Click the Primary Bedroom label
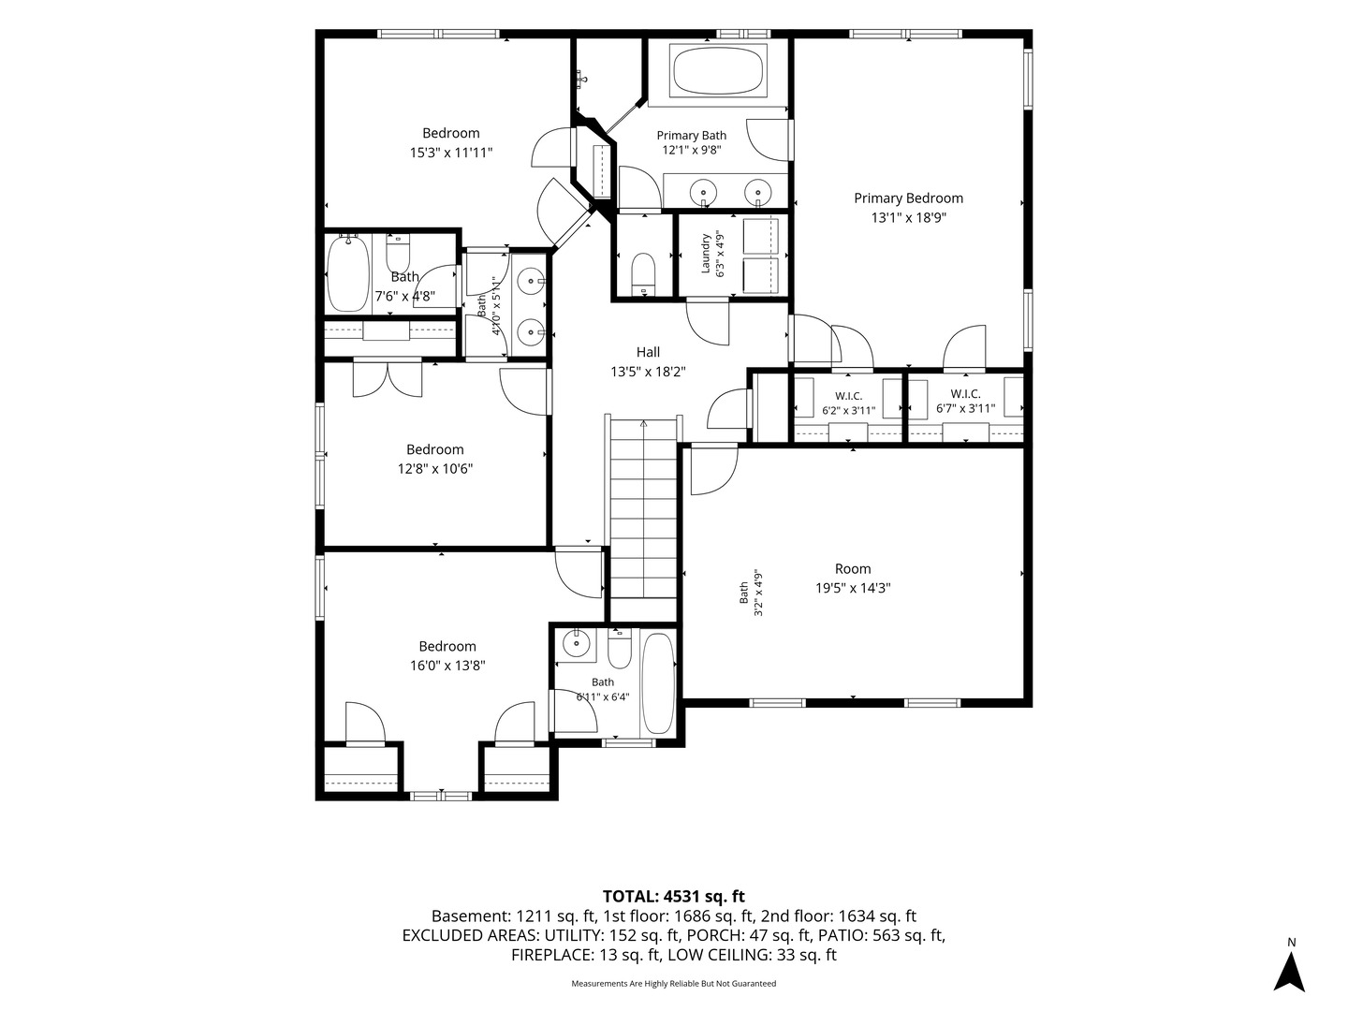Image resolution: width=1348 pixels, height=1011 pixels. [908, 208]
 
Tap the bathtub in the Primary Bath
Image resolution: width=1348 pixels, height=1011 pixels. [718, 70]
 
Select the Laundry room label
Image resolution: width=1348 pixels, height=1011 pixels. [712, 254]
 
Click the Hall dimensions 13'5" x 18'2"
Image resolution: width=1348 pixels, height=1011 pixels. [647, 372]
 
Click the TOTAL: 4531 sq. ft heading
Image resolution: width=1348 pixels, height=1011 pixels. [673, 897]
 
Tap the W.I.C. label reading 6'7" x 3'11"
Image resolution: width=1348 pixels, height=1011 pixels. [965, 402]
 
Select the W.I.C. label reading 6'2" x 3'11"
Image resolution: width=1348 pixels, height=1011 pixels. [848, 403]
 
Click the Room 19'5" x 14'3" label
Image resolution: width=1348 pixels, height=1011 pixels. [853, 579]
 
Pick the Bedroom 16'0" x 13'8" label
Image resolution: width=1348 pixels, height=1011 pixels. [447, 655]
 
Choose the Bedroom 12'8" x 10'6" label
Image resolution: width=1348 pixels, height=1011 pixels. [434, 459]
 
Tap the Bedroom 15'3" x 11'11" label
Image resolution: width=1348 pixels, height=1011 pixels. [451, 142]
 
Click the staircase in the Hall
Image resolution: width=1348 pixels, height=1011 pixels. [643, 508]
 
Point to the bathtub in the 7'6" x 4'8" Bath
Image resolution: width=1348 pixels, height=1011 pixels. [348, 273]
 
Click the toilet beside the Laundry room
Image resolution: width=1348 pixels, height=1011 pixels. [644, 273]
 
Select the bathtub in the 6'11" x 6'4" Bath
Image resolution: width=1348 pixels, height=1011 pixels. [657, 683]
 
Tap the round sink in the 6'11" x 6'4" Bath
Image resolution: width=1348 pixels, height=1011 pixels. [576, 643]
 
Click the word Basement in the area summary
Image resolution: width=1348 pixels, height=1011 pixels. [470, 916]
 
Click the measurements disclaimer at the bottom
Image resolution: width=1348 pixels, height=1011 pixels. [673, 983]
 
